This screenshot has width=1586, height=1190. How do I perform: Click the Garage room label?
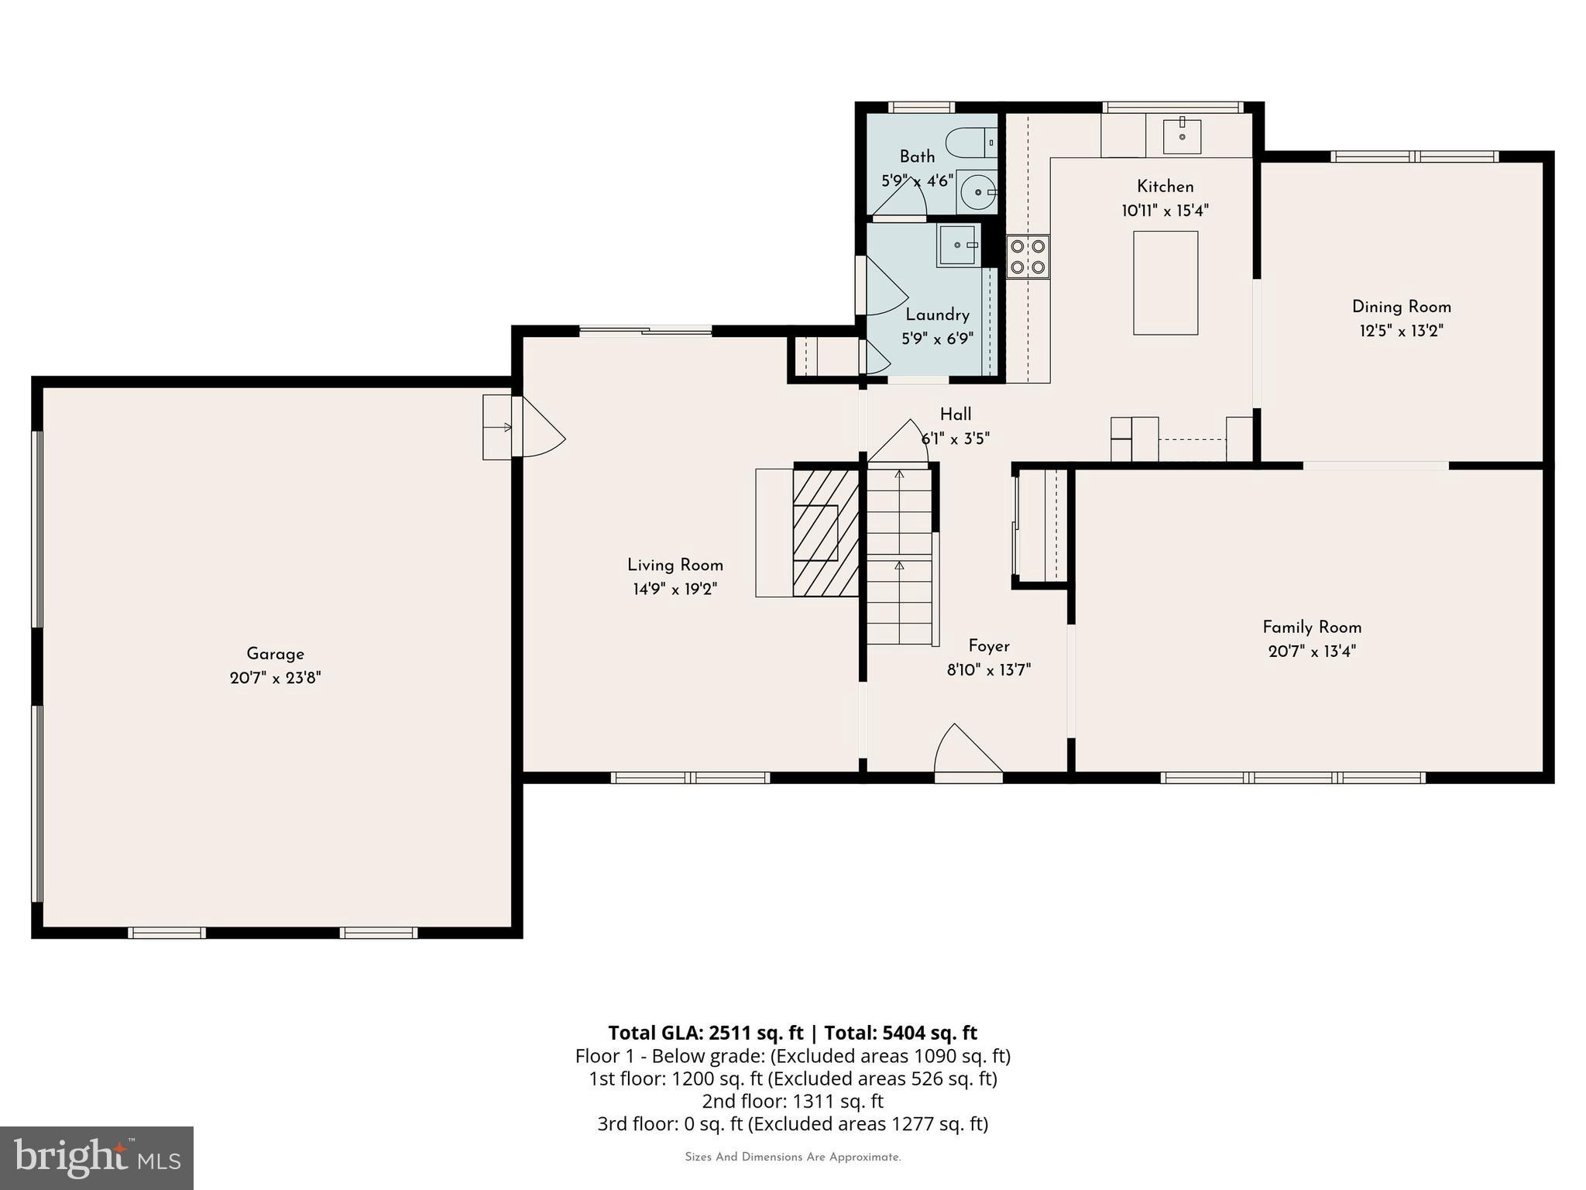pyautogui.click(x=275, y=654)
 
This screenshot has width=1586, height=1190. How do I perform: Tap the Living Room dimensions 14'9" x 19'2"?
pyautogui.click(x=675, y=590)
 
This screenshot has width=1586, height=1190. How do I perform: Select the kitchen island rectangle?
pyautogui.click(x=1165, y=283)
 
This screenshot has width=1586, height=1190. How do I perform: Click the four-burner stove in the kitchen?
pyautogui.click(x=1028, y=257)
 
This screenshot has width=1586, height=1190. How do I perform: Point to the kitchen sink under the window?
pyautogui.click(x=1182, y=137)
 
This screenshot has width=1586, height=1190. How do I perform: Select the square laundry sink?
pyautogui.click(x=958, y=245)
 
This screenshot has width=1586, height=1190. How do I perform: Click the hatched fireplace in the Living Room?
pyautogui.click(x=826, y=532)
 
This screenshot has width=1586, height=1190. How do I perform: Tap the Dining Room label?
pyautogui.click(x=1401, y=307)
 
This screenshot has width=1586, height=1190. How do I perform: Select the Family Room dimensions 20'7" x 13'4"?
pyautogui.click(x=1311, y=652)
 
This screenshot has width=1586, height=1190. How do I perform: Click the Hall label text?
pyautogui.click(x=956, y=414)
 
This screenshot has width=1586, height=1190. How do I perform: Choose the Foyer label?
pyautogui.click(x=989, y=646)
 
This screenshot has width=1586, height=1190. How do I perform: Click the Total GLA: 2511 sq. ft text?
pyautogui.click(x=705, y=1033)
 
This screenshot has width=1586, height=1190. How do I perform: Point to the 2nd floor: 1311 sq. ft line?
pyautogui.click(x=792, y=1101)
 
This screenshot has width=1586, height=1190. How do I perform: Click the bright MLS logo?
pyautogui.click(x=97, y=1157)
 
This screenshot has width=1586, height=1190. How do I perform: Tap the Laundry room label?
pyautogui.click(x=937, y=315)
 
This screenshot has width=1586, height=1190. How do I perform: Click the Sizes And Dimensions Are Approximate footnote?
pyautogui.click(x=792, y=1157)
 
